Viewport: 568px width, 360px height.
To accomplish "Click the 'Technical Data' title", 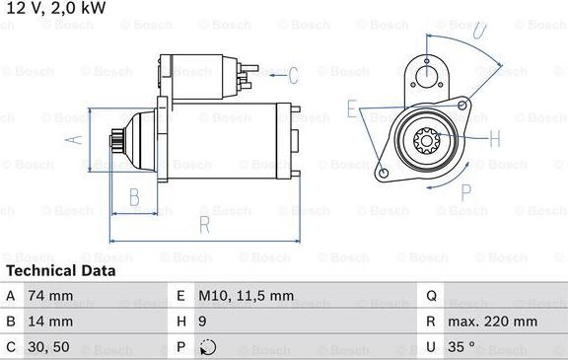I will click(x=60, y=270).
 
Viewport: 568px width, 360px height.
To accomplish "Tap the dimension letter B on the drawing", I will click(x=134, y=196).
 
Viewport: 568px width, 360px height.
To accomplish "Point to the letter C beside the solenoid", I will click(x=292, y=75).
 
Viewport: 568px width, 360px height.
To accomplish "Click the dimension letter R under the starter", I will click(x=205, y=224).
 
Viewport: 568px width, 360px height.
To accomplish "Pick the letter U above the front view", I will click(x=478, y=30).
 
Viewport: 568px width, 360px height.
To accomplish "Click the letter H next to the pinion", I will click(x=495, y=137).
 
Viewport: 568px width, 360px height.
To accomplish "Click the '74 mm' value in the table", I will click(x=51, y=295).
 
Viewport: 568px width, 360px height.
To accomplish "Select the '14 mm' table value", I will click(x=51, y=321).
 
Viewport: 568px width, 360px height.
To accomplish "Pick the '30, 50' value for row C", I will click(x=50, y=347).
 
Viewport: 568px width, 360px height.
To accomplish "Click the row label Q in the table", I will click(x=431, y=295).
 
